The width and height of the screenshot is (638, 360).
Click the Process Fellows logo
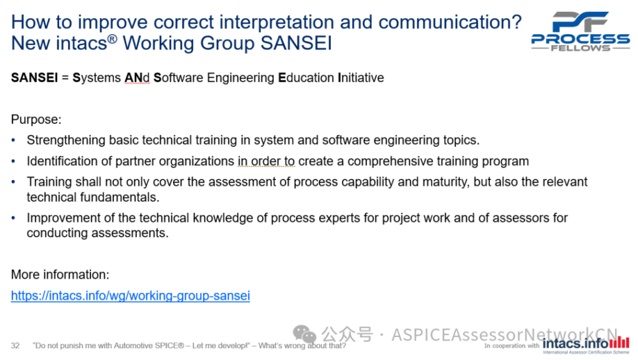click(x=580, y=31)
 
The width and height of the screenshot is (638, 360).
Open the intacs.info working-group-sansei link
click(x=130, y=296)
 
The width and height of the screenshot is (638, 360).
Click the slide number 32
click(x=15, y=346)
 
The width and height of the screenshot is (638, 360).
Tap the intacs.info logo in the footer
click(x=586, y=344)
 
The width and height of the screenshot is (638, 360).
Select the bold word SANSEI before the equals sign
click(x=34, y=78)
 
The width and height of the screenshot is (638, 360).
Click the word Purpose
click(x=36, y=120)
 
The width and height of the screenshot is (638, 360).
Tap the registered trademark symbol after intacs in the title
click(x=112, y=39)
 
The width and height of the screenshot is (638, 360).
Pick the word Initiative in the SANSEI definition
click(x=361, y=78)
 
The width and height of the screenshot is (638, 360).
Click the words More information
click(x=60, y=275)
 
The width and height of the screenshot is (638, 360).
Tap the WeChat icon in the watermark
click(x=304, y=334)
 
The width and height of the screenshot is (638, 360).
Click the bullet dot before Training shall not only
click(x=14, y=182)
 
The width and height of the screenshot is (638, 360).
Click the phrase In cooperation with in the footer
click(x=512, y=346)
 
